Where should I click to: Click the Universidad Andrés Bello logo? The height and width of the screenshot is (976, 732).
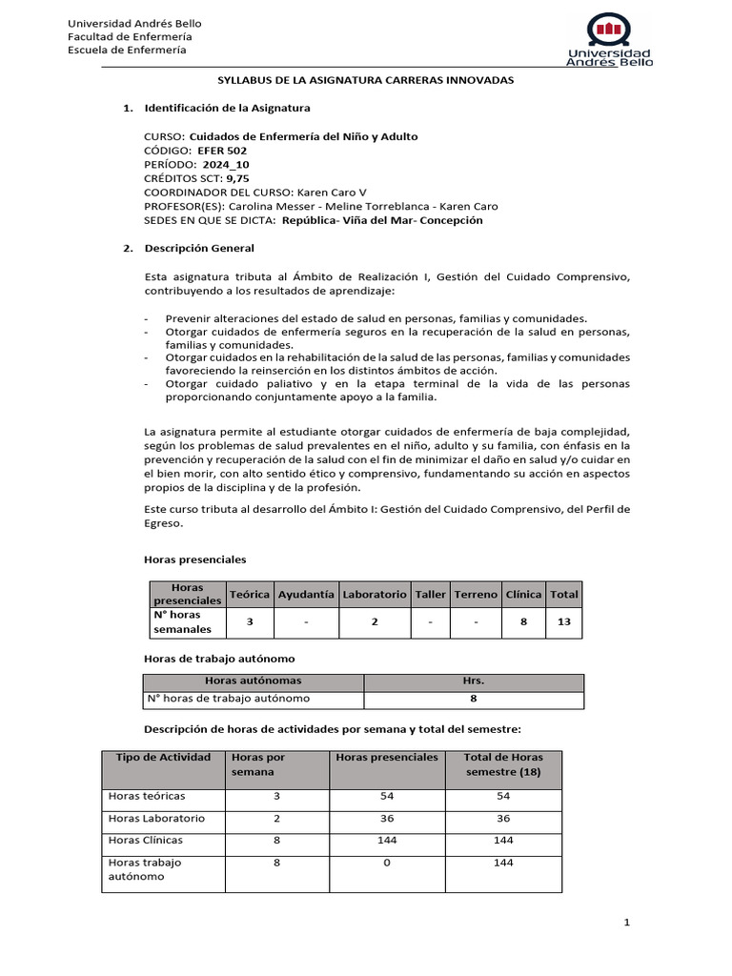tap(609, 40)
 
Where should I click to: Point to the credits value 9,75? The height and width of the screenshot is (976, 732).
tap(236, 178)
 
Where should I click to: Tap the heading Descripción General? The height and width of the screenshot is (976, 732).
tap(199, 249)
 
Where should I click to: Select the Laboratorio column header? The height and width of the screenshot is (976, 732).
tap(376, 594)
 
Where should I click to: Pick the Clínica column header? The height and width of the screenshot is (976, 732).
tap(523, 594)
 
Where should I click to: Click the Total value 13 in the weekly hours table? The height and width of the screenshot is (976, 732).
tap(564, 621)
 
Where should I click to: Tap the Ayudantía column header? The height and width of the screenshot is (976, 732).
tap(306, 594)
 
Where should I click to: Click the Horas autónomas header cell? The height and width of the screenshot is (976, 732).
tap(254, 681)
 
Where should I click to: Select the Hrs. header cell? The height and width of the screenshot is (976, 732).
tap(474, 681)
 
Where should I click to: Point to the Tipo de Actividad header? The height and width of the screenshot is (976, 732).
tap(163, 757)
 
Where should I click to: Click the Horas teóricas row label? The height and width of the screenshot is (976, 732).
tap(148, 796)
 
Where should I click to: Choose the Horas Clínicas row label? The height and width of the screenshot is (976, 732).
tap(146, 841)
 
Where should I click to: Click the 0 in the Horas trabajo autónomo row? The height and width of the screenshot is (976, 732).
tap(386, 863)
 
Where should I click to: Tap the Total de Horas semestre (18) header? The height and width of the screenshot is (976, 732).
tap(503, 763)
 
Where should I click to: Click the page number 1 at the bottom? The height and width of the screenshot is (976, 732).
tap(627, 923)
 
